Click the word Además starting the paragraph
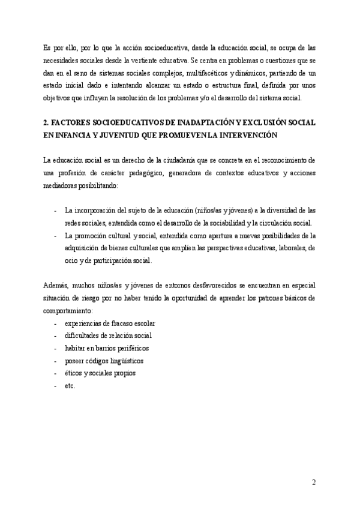(x=56, y=285)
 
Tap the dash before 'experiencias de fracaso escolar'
(x=56, y=324)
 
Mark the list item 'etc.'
(x=71, y=386)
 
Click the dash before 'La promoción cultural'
(x=56, y=235)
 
